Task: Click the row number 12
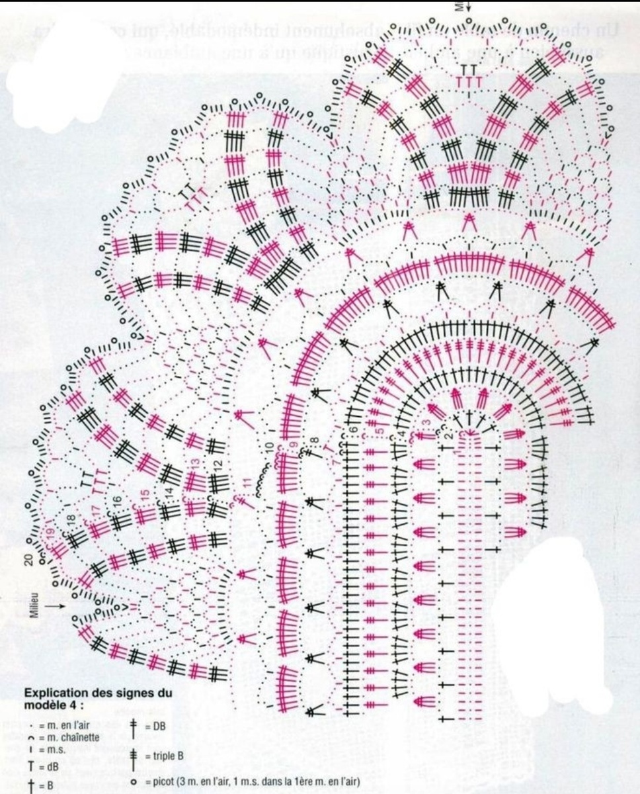[217, 465]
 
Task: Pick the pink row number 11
[247, 484]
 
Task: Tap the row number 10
[269, 448]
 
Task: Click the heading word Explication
[54, 693]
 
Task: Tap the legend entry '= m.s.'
[50, 750]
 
